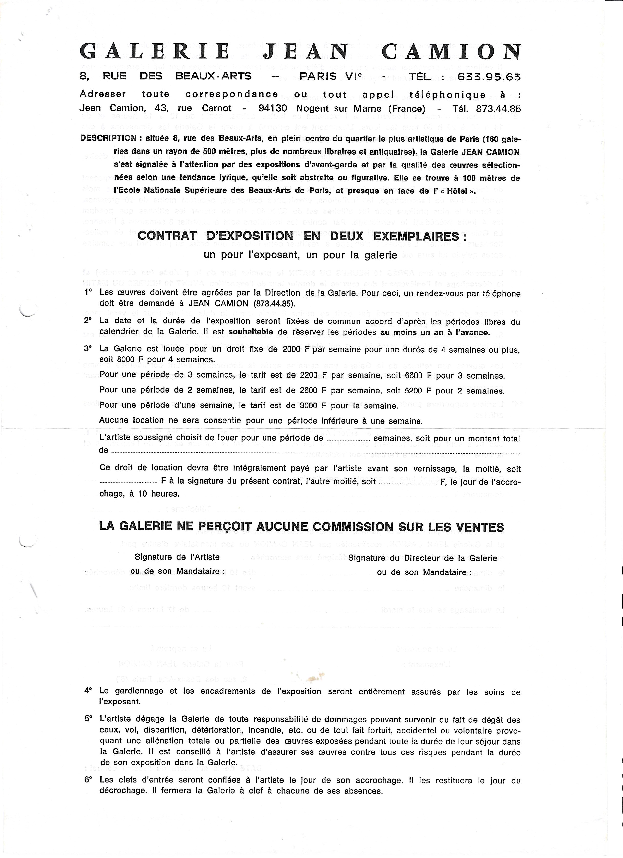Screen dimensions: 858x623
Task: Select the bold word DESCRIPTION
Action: pos(108,138)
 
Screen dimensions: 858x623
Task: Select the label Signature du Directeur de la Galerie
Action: pos(422,558)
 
